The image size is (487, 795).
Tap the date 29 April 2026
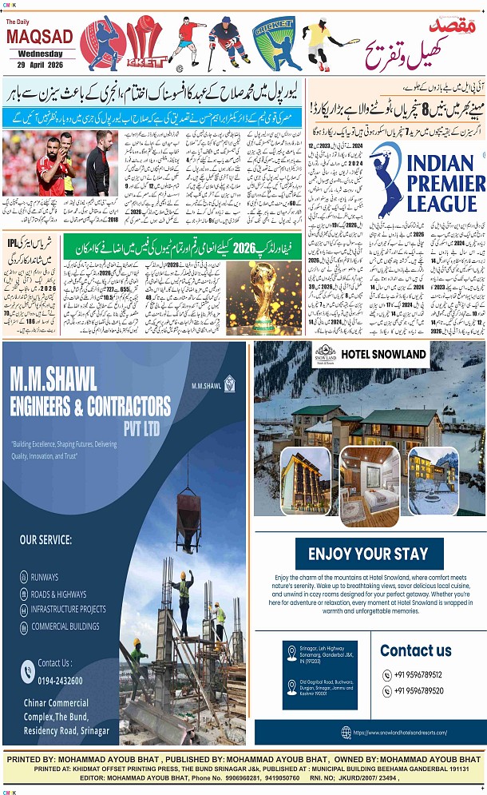tap(39, 64)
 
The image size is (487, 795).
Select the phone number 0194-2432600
tap(60, 679)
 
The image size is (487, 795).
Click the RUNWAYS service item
tap(46, 576)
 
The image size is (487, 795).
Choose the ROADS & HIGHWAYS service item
tap(58, 594)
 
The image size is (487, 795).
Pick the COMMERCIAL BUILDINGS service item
tap(65, 626)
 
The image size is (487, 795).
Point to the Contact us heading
tap(415, 650)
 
